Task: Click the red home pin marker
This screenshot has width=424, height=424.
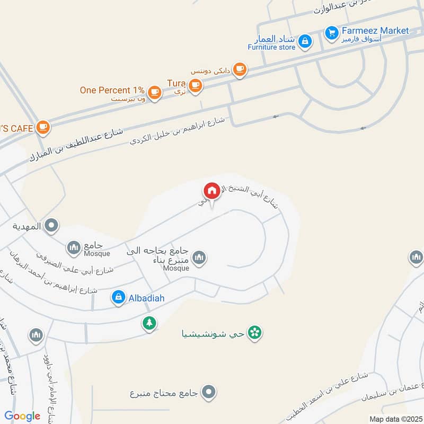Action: (211, 191)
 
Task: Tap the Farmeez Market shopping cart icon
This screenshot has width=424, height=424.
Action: (332, 33)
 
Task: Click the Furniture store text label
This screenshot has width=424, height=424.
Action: (271, 47)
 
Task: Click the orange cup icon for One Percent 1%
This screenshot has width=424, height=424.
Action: (154, 92)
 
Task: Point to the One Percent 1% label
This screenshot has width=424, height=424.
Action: (112, 90)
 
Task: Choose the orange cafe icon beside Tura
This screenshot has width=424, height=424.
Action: (195, 85)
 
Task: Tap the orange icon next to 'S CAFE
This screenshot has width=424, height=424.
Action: (43, 127)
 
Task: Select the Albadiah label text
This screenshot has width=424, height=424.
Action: (146, 298)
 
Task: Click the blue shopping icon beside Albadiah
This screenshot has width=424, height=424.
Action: (119, 297)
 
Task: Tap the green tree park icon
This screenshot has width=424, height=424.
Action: (149, 322)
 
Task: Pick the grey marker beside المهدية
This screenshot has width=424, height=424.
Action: (51, 226)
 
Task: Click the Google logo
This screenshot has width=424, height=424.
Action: (22, 416)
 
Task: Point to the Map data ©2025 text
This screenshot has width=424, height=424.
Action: (394, 419)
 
